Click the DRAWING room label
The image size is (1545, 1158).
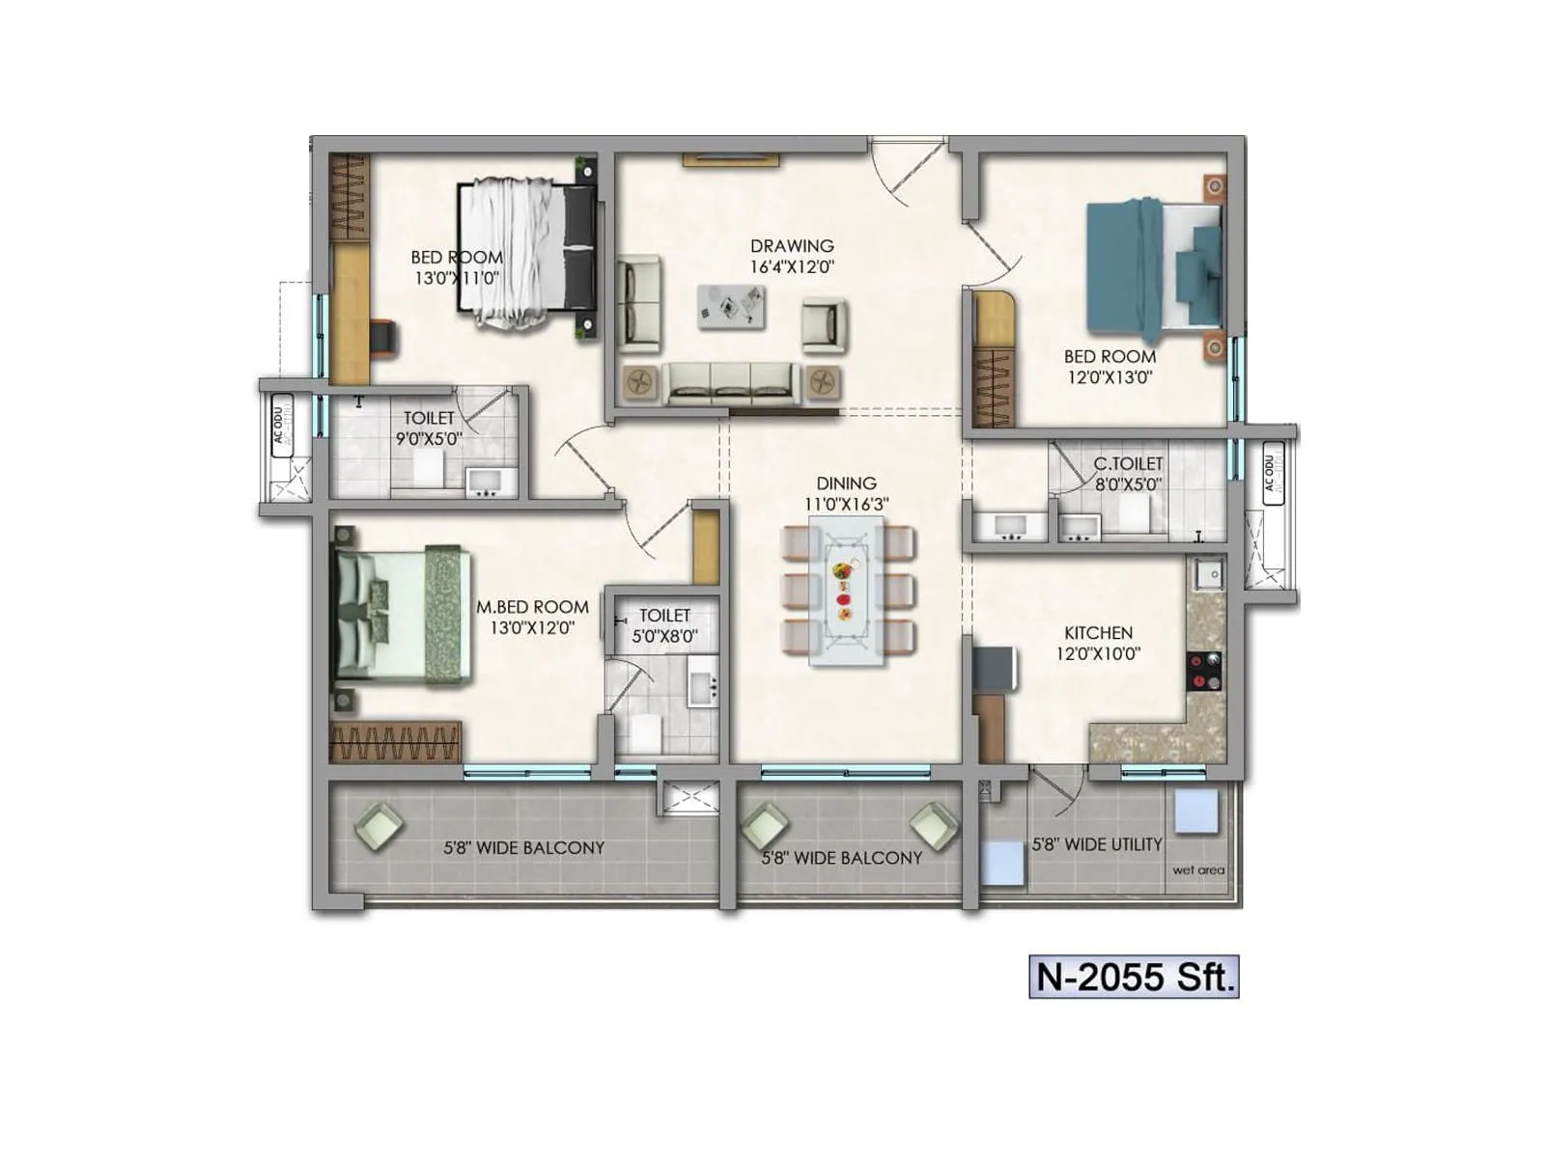[x=792, y=246]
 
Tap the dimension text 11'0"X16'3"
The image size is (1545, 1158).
[x=846, y=505]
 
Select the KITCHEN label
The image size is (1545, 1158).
[x=1098, y=633]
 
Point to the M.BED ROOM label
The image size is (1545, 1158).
[x=532, y=607]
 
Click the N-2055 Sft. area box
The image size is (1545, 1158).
[x=1134, y=977]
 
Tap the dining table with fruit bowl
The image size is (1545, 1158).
[x=846, y=591]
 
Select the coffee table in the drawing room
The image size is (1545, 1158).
[x=732, y=307]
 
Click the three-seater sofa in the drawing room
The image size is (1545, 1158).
[x=730, y=382]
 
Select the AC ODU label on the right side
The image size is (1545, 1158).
[x=1272, y=473]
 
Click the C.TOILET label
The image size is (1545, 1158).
[x=1128, y=464]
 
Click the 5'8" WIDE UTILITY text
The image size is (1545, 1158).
[x=1096, y=844]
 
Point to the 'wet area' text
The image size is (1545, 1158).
[x=1197, y=870]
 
